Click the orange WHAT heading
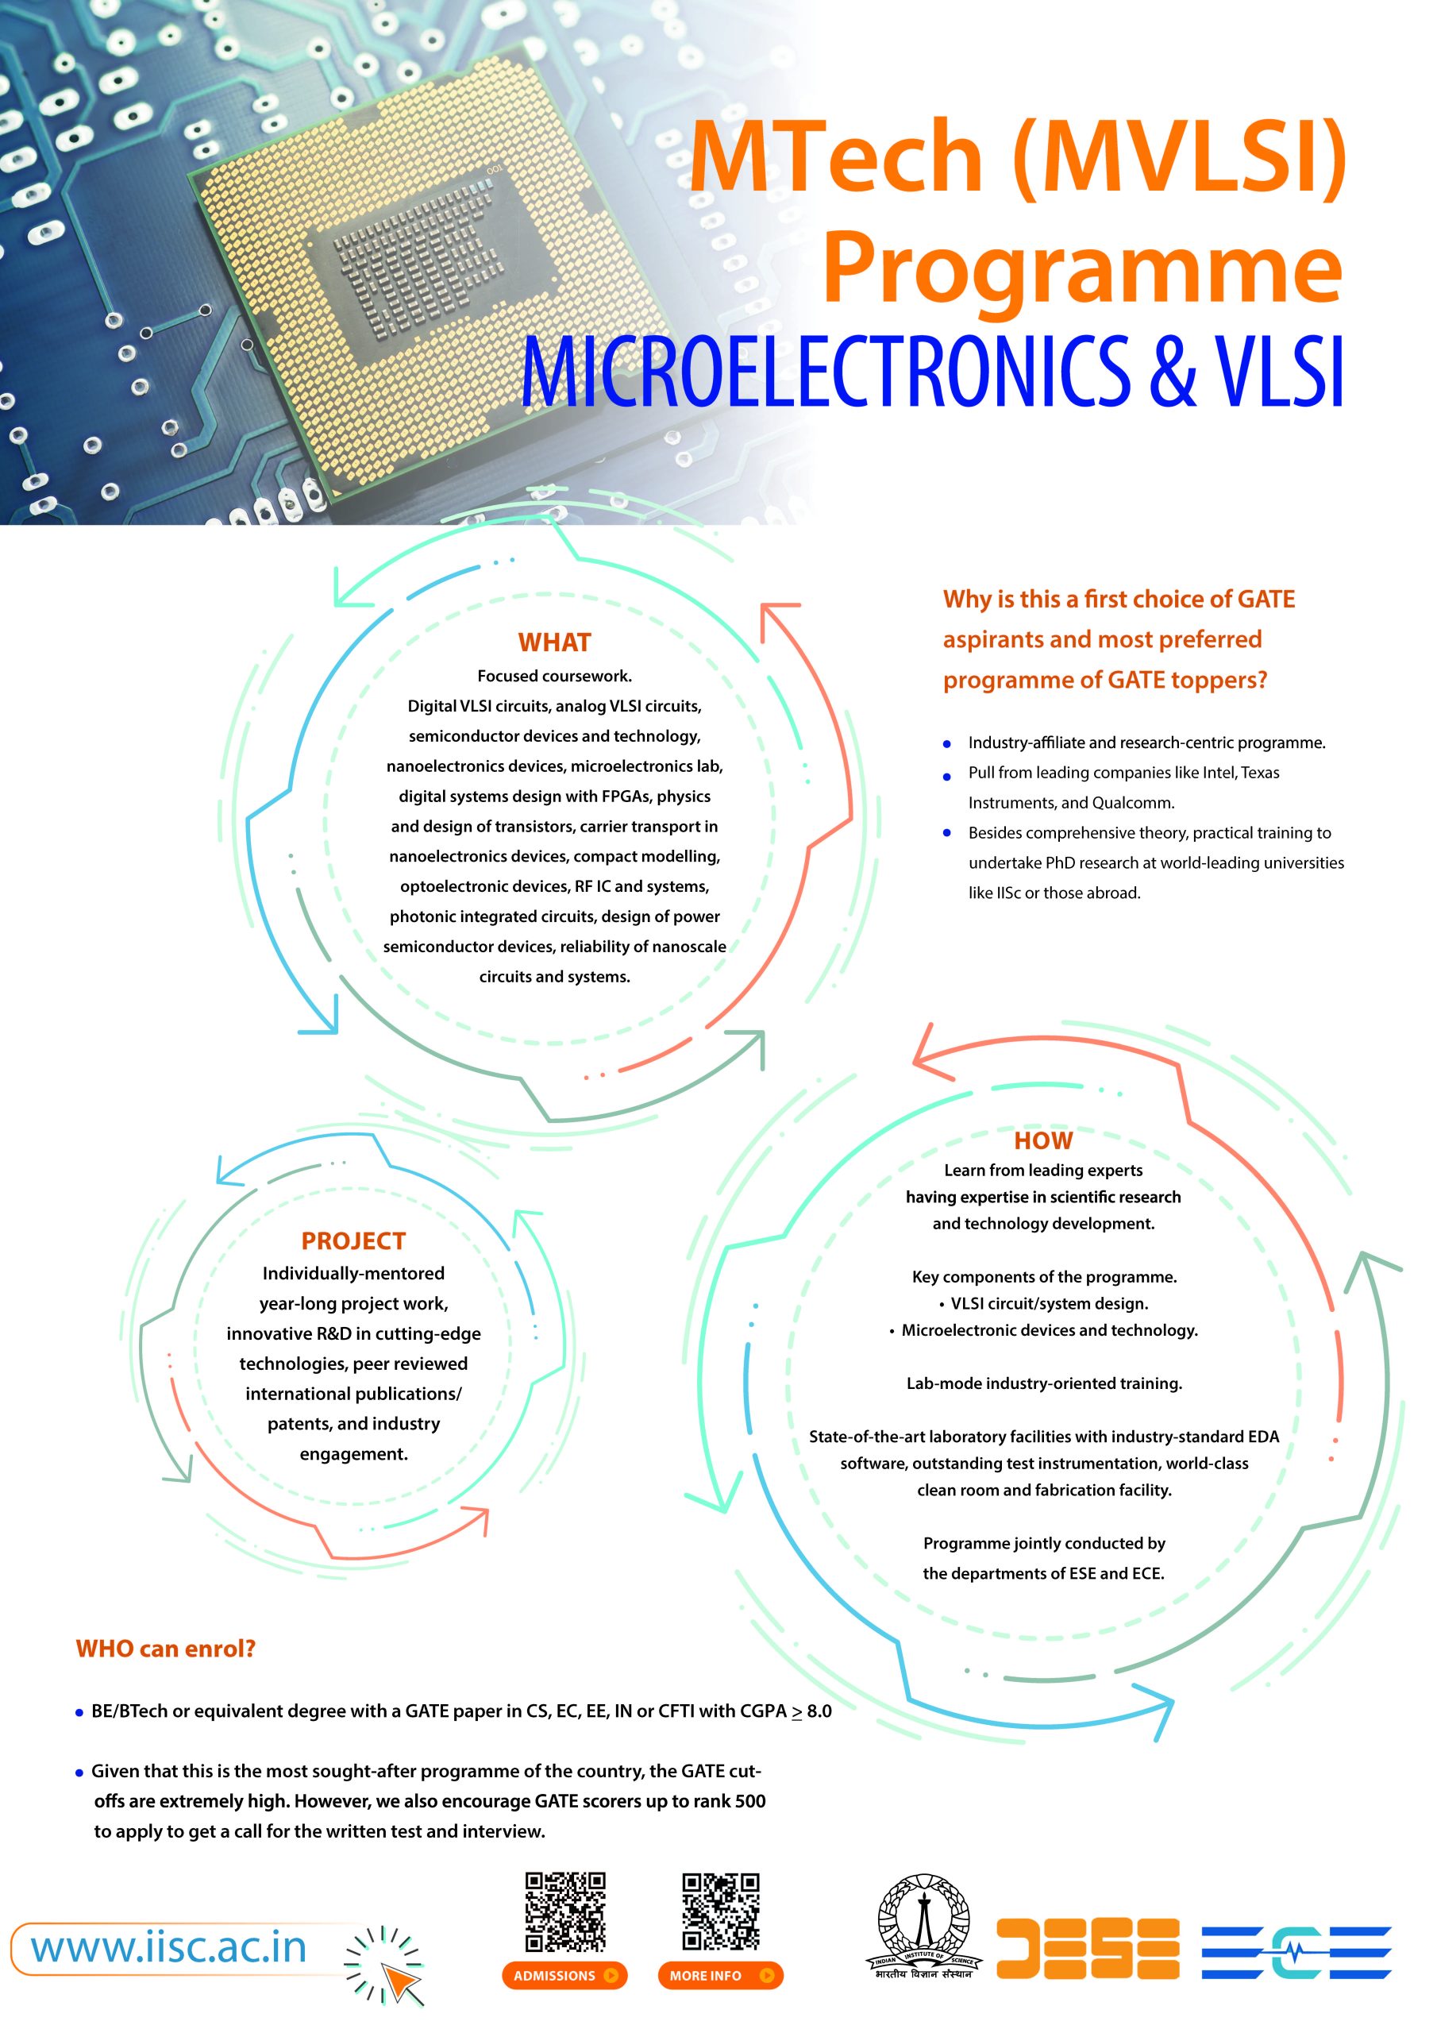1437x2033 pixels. [x=554, y=642]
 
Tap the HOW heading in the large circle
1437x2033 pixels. [x=1043, y=1140]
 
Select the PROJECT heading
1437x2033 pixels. [x=353, y=1240]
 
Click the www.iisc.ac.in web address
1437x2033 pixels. [x=169, y=1947]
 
